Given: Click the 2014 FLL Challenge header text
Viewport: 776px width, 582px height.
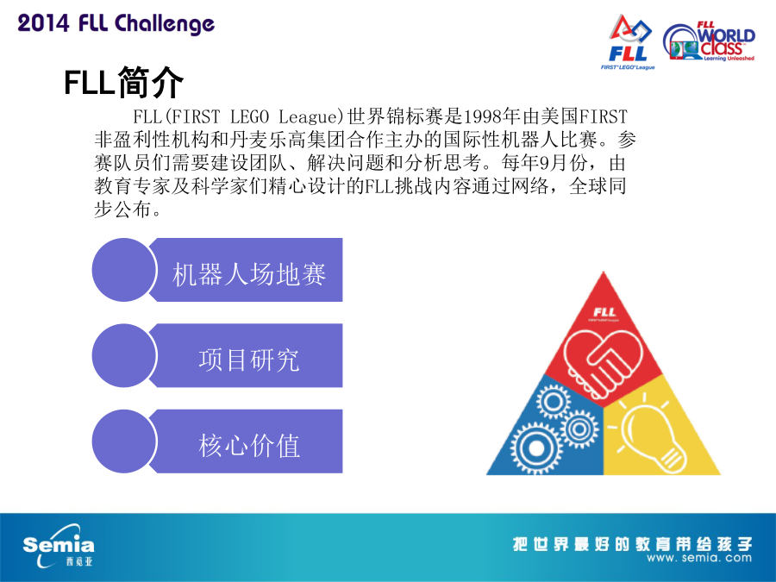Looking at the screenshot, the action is point(116,24).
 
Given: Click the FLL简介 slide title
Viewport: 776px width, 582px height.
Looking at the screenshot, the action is point(123,82).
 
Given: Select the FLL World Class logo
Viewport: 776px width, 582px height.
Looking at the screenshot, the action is point(710,41).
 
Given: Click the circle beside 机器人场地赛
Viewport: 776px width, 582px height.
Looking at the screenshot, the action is point(123,270).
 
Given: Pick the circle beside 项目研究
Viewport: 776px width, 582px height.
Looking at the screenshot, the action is point(123,355).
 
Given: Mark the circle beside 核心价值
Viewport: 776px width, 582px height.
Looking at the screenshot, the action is point(123,441).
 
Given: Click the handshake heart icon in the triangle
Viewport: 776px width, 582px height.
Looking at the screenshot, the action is point(603,364).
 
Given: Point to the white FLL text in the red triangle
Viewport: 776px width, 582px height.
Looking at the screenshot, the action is point(604,312).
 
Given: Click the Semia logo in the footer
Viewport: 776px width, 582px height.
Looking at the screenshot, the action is point(59,547).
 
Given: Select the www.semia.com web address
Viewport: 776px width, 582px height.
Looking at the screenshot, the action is point(698,558).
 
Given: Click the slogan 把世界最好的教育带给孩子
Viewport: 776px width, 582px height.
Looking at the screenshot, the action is point(632,544).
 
